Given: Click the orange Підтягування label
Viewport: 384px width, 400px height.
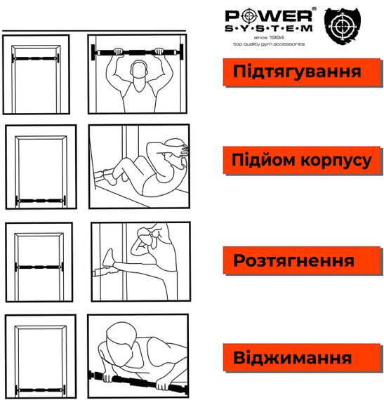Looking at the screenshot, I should click(x=297, y=72).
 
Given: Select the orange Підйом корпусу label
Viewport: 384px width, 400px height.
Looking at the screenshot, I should click(x=301, y=161).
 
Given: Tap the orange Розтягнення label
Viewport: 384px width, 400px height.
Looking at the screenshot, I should click(x=293, y=261).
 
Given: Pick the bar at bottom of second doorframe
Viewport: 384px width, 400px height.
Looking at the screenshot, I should click(x=39, y=201).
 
